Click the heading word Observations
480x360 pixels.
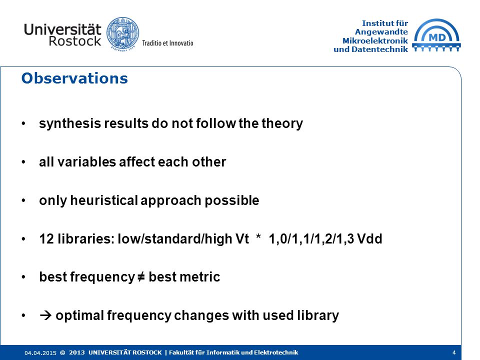(74, 78)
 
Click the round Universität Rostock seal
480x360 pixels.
(122, 33)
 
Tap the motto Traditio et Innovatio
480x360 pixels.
(167, 43)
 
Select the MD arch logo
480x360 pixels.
(436, 35)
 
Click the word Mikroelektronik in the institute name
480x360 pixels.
(375, 40)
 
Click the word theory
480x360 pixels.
(282, 123)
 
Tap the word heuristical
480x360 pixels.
(104, 200)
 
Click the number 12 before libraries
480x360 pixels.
(46, 239)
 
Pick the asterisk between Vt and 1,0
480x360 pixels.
(258, 237)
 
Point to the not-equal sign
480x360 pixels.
(141, 277)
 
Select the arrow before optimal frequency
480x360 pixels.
(45, 315)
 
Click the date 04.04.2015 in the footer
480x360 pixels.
(40, 353)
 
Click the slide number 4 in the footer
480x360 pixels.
(454, 352)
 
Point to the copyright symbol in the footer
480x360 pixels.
(63, 352)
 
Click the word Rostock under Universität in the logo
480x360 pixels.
(75, 41)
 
